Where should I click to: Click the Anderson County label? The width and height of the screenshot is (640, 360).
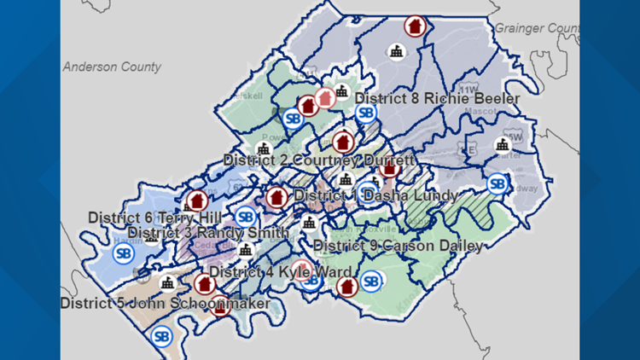point(112,67)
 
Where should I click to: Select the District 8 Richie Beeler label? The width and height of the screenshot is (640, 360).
point(437,99)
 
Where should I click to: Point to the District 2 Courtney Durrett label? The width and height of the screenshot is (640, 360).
point(319,160)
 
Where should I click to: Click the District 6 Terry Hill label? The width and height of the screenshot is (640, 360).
point(148,218)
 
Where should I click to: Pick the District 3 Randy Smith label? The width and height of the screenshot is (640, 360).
point(207,233)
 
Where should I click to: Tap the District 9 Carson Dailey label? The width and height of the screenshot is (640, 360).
point(398,247)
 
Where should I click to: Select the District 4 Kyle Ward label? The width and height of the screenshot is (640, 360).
point(280,272)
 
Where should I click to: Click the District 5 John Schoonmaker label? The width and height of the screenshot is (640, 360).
point(165,304)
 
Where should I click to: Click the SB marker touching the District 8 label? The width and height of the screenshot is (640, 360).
point(365,113)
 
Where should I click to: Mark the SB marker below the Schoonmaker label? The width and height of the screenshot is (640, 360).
point(160,336)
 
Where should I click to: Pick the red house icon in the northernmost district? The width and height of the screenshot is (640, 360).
point(415,26)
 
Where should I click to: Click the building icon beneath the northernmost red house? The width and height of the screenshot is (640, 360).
point(396,51)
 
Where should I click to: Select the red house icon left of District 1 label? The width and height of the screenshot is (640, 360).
point(276,198)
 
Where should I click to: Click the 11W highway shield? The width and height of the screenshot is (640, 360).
point(467,89)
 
